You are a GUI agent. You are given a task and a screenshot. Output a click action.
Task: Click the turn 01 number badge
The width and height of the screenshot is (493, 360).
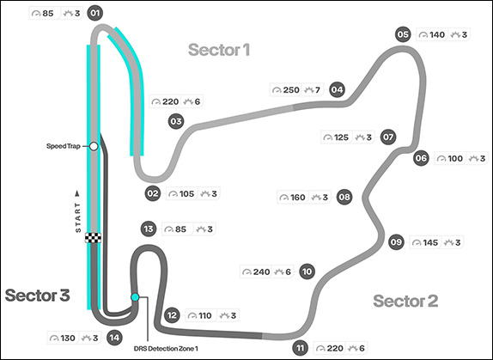pos(95,13)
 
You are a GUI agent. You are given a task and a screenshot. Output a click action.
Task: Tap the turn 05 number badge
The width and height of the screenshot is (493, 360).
pos(403,34)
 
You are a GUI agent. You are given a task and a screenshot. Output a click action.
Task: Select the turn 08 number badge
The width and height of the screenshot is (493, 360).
pos(344,197)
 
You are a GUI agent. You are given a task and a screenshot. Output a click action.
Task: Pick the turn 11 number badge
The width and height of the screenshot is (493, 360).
pos(301,348)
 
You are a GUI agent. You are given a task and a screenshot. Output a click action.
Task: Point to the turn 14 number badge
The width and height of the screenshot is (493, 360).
pos(114,338)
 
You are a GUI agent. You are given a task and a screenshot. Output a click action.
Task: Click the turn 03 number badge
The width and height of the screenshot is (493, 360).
pos(176,121)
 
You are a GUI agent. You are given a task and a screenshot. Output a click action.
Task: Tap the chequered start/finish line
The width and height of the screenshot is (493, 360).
pos(93,238)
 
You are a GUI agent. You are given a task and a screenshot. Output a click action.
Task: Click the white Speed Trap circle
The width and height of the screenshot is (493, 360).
pos(94,146)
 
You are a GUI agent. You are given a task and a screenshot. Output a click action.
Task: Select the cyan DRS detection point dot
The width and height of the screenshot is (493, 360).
pos(135,297)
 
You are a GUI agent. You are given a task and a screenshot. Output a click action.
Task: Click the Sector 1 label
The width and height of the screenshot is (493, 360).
pos(219,50)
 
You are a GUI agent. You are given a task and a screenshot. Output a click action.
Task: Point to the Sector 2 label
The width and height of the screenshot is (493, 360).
pos(405,301)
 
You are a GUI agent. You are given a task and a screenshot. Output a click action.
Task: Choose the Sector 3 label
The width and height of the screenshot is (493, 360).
pos(38,296)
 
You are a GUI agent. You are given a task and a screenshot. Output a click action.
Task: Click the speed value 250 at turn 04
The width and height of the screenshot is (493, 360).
pos(291,90)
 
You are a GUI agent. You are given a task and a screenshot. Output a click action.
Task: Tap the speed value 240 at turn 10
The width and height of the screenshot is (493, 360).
pos(262,272)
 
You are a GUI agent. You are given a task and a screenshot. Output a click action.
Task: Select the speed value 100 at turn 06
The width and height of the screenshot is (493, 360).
pos(455,158)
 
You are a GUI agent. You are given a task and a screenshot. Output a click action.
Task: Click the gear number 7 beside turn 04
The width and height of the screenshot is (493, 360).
pos(318,90)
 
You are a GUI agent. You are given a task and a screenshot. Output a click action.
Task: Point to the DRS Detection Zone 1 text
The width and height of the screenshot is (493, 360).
pos(166,348)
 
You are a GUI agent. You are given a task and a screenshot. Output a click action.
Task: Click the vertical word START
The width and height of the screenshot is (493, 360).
pos(78,217)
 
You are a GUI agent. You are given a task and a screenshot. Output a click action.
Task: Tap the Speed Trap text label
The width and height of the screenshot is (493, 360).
pos(64,146)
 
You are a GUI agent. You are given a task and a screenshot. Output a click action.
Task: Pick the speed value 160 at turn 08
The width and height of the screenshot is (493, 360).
pos(297,198)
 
